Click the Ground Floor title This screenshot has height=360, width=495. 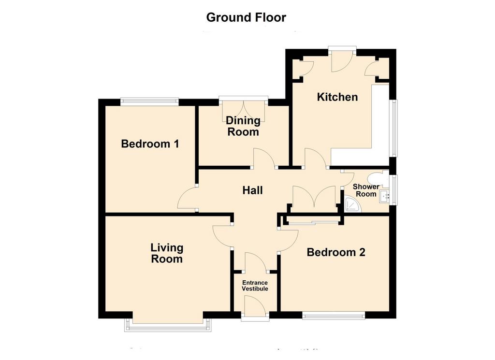coord(246,17)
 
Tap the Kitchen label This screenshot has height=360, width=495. coord(337,97)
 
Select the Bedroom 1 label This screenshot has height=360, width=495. coord(150,144)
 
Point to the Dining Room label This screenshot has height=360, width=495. coord(243,126)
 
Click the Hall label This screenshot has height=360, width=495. coord(252,190)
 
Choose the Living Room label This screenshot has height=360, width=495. coord(167,253)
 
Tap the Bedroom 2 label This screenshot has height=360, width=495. coord(336,252)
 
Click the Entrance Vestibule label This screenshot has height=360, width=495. coord(255,286)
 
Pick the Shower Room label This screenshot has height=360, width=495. coord(366,190)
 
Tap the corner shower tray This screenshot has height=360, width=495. coord(352,204)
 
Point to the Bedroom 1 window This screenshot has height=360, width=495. coord(149,101)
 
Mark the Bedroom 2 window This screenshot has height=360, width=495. coord(334,315)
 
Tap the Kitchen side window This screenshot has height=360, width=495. coord(393,128)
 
